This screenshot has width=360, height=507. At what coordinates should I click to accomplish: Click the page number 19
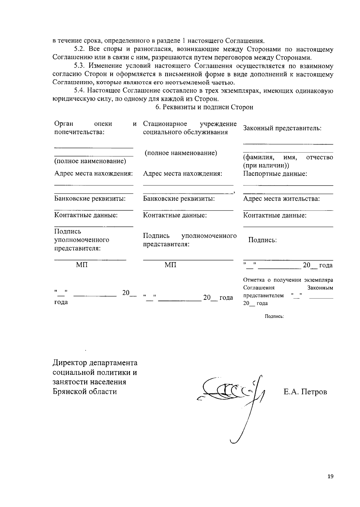click(331, 476)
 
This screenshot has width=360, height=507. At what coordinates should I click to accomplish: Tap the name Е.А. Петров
click(305, 392)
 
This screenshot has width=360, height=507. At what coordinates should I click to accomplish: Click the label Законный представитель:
click(282, 128)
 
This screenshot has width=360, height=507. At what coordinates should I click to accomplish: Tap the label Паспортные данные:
click(275, 174)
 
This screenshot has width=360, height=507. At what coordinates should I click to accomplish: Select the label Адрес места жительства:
click(281, 199)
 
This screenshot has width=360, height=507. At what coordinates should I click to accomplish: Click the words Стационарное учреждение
click(190, 124)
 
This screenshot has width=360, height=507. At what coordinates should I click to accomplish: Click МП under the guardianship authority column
click(82, 265)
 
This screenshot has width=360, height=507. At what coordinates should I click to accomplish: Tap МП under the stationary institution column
click(170, 265)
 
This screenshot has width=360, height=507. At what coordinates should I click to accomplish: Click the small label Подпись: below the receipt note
click(274, 316)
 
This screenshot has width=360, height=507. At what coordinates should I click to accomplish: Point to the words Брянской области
click(85, 391)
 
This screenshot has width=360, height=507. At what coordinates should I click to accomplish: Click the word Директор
click(70, 363)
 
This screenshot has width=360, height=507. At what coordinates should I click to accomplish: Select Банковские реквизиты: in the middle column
click(178, 199)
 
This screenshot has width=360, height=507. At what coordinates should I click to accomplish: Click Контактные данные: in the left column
click(86, 215)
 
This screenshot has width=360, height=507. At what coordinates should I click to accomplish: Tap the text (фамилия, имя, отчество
click(288, 157)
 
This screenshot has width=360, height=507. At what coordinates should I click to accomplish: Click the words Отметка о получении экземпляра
click(288, 280)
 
